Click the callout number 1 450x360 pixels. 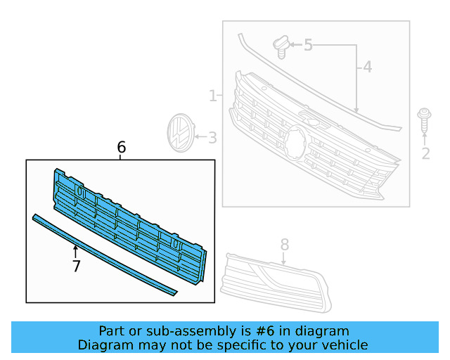(x=212, y=96)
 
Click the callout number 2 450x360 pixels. (x=425, y=153)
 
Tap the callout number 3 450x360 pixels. (x=212, y=138)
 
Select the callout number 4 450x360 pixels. (x=367, y=68)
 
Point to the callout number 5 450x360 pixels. (x=308, y=46)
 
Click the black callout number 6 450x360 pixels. (x=121, y=147)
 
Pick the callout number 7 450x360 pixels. (x=76, y=266)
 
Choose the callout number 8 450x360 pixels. (x=285, y=244)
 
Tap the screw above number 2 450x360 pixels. (x=424, y=120)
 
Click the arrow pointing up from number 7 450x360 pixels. (x=76, y=250)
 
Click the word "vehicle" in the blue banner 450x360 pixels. (x=342, y=345)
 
